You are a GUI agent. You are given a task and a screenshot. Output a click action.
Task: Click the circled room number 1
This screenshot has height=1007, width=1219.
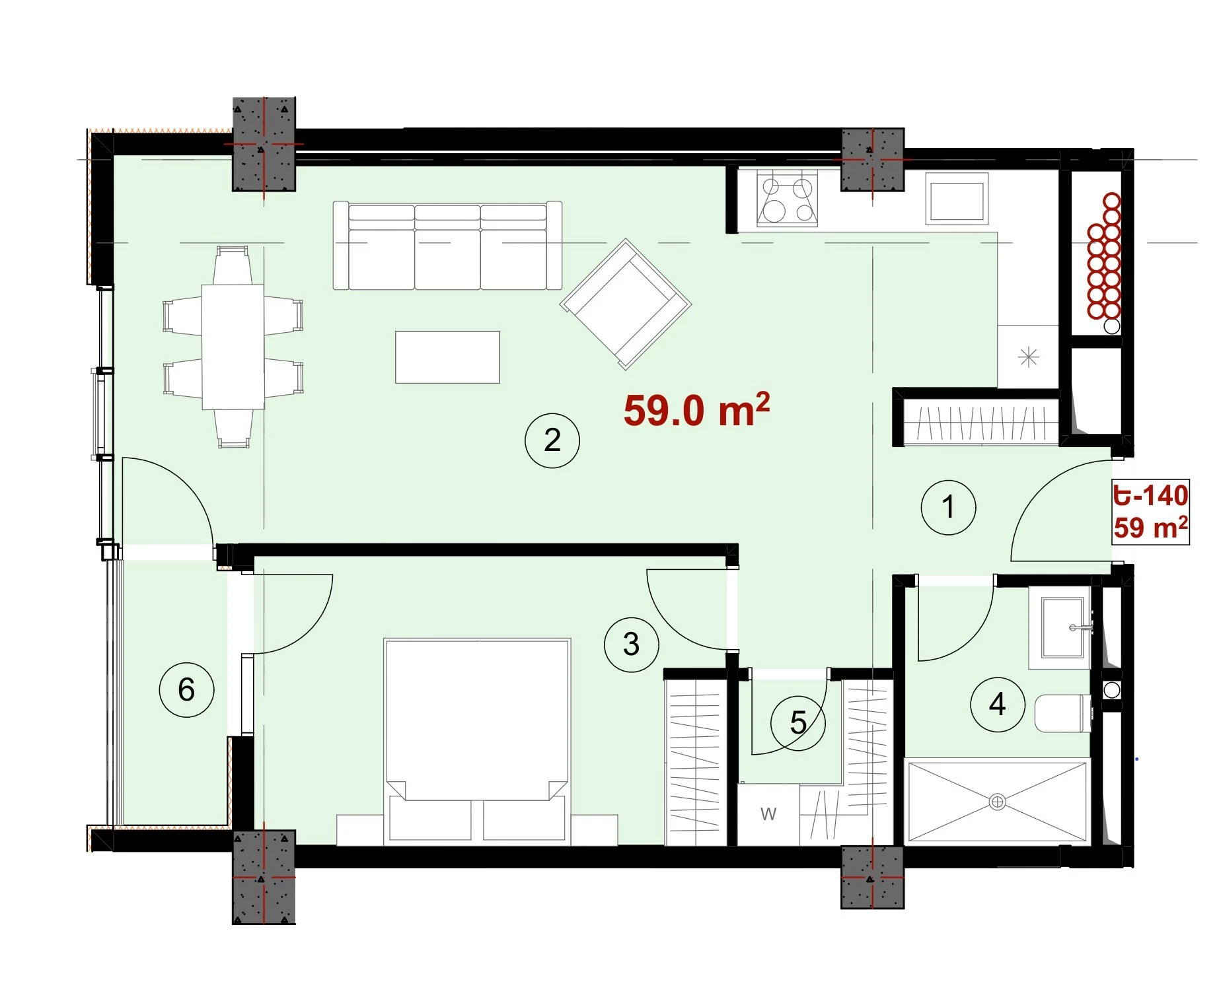[x=948, y=507]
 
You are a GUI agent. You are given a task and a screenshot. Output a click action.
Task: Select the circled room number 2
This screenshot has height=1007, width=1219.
[x=552, y=440]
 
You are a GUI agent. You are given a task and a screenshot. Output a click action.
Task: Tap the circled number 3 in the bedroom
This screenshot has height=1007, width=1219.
[x=632, y=644]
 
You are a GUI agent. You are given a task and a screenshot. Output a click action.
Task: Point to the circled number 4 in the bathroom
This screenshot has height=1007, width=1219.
[x=998, y=705]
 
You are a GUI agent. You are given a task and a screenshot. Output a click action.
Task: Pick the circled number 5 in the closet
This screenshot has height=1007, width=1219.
[x=798, y=723]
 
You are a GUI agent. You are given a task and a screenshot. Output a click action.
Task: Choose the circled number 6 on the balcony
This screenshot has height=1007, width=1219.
[x=187, y=689]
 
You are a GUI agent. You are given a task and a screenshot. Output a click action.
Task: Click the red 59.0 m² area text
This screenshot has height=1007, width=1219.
[x=696, y=410]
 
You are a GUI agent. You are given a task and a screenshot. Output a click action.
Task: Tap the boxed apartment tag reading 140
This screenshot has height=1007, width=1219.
[x=1151, y=512]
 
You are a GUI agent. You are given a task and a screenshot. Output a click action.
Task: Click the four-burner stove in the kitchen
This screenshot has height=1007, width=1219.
[x=787, y=198]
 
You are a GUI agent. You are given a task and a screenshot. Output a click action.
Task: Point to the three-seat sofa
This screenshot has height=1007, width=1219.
[x=448, y=246]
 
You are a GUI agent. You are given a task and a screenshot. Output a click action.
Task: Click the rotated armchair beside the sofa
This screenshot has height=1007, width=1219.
[x=626, y=304]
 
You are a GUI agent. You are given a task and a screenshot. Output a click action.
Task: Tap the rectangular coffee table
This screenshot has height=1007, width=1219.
[x=447, y=357]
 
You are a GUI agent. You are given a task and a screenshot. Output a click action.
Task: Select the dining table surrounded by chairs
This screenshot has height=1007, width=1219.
[x=233, y=347]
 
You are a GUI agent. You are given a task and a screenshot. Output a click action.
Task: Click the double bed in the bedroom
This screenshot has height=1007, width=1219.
[x=477, y=742]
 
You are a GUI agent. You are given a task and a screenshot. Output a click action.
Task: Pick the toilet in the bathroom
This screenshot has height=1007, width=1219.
[x=1062, y=713]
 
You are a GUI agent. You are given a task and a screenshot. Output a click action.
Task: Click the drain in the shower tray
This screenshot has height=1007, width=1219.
[x=997, y=802]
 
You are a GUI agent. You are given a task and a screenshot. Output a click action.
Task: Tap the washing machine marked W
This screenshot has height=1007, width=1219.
[x=768, y=814]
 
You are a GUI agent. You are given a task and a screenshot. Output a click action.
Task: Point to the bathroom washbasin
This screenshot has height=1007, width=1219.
[x=1063, y=628]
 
